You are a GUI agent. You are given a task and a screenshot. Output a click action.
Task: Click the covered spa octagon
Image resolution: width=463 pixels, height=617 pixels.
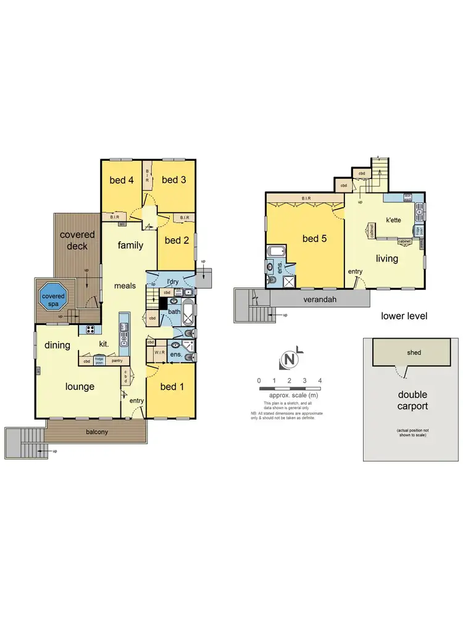[52, 297]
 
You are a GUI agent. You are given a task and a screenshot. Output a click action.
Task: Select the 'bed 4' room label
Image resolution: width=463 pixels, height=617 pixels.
[122, 180]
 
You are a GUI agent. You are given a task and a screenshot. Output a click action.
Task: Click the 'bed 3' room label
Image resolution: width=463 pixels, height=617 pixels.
[174, 180]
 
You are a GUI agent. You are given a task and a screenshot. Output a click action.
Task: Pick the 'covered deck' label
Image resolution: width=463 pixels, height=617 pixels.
[77, 241]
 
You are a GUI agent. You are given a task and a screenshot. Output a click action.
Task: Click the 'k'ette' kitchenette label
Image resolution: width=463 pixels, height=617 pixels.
[395, 220]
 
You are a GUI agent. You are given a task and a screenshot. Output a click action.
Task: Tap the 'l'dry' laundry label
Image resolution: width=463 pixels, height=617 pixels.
[173, 282]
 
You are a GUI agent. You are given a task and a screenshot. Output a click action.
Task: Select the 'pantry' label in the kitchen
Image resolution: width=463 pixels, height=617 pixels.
[117, 361]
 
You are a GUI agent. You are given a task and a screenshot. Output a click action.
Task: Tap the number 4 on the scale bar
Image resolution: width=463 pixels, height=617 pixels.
[319, 380]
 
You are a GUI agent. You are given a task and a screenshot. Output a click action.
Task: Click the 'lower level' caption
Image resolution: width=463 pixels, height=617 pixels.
[404, 316]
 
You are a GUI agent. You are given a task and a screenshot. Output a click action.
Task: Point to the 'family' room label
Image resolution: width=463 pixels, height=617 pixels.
[130, 246]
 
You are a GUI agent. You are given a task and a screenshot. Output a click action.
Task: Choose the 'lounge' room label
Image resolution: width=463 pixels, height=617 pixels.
[80, 387]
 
